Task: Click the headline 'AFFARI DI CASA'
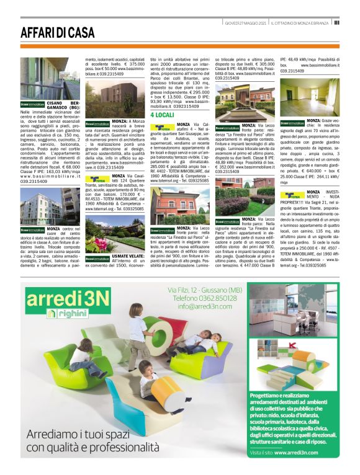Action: tap(58, 33)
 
